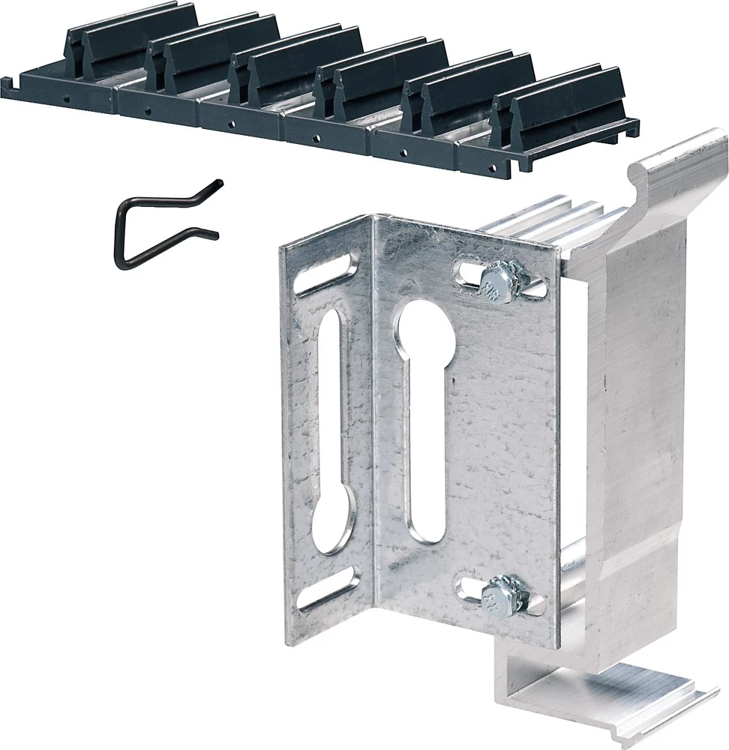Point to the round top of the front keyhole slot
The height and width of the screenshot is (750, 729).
coord(424,322)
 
